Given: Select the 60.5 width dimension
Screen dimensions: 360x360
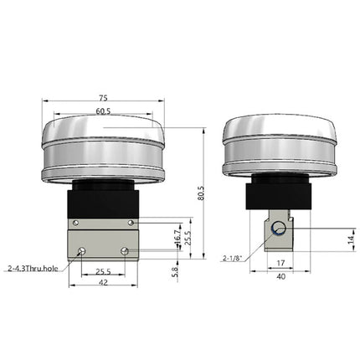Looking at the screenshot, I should click(102, 111).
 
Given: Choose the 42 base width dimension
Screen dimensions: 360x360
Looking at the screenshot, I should click(102, 284).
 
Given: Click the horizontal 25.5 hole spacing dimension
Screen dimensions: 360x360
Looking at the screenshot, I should click(102, 271).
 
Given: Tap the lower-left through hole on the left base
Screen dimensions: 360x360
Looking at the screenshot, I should click(81, 251).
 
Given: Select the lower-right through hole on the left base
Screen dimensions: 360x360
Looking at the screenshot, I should click(124, 251).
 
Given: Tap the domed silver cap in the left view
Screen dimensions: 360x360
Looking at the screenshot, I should click(102, 147).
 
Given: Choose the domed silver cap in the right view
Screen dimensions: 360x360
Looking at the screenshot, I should click(279, 147).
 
